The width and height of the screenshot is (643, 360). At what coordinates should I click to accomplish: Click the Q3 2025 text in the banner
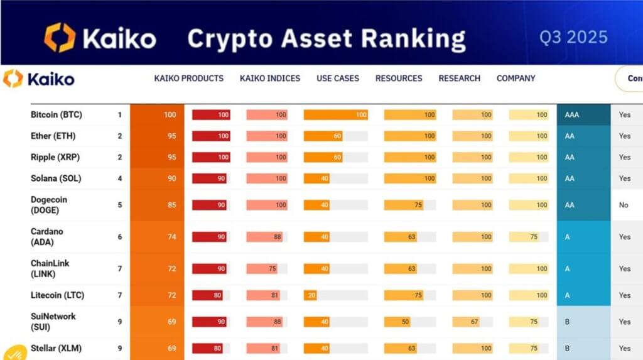tap(573, 37)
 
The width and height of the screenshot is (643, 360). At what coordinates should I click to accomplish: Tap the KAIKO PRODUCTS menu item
tap(188, 79)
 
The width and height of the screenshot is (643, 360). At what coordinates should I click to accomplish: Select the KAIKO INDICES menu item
tap(270, 79)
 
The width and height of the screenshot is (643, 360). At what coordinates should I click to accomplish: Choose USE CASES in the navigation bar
tap(338, 79)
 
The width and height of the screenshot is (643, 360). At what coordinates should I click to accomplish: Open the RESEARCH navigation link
tap(459, 79)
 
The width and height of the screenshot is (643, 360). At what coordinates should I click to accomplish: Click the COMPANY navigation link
tap(516, 79)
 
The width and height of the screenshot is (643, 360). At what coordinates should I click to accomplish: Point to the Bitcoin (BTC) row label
tap(57, 115)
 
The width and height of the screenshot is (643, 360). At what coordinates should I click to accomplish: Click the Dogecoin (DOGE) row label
tap(49, 205)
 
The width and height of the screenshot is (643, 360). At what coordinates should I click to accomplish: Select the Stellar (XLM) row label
tap(56, 348)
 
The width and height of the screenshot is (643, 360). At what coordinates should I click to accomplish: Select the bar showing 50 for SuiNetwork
tap(397, 322)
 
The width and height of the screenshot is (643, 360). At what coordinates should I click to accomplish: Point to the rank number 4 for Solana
tap(119, 178)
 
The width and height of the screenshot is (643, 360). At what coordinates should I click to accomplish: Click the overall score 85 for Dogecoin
tap(171, 205)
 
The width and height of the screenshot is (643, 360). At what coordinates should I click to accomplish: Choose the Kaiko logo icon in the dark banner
tap(59, 37)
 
